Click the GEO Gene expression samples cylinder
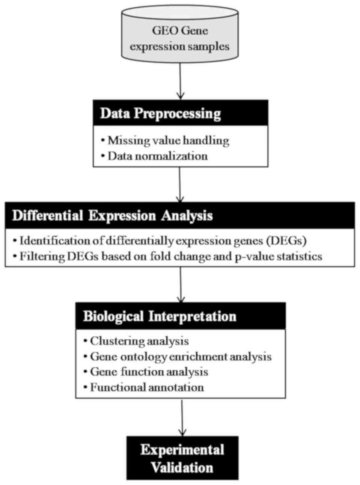(179, 38)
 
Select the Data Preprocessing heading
(160, 113)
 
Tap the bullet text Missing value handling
(168, 140)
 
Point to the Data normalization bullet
(157, 156)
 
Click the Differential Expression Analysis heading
(113, 216)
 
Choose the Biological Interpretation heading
(160, 316)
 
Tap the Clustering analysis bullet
(139, 341)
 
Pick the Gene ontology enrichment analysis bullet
(181, 356)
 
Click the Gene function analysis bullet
(149, 372)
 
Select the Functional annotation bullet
(147, 387)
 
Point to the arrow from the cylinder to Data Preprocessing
(180, 81)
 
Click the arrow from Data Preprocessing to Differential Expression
(180, 185)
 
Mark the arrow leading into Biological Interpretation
(181, 285)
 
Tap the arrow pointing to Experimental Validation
(182, 417)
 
